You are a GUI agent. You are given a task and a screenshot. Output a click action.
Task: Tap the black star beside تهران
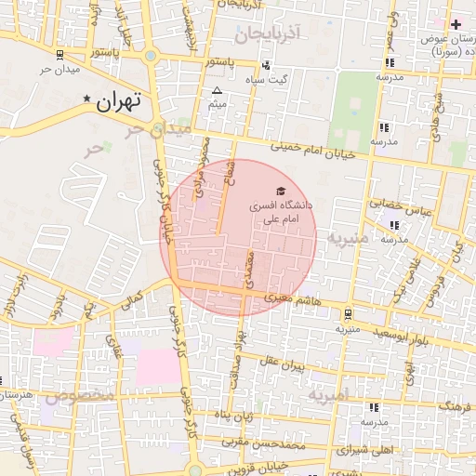pos(87,99)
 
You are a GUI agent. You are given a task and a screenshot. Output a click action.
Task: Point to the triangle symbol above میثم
pos(217,90)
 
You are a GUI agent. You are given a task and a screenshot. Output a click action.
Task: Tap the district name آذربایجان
pos(270,35)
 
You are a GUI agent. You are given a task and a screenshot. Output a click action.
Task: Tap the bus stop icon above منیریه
pos(348,313)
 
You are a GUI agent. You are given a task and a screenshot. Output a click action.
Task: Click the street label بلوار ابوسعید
pos(395,336)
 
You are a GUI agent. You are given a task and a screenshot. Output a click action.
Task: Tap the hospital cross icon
pos(455,22)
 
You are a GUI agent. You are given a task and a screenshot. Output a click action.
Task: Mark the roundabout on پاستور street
pos(151,57)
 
